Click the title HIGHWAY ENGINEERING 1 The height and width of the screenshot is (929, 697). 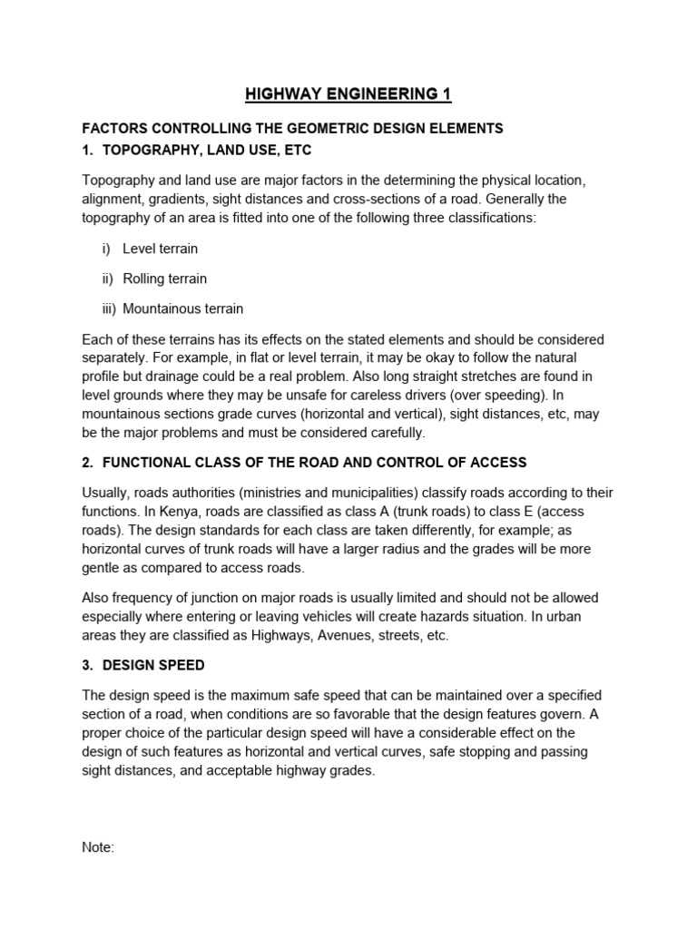point(348,94)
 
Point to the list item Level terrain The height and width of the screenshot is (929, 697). point(160,249)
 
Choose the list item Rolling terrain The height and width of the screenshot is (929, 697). point(164,279)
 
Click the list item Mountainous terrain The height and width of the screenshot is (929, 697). point(182,308)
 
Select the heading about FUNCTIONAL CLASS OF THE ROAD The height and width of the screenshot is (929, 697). point(314,463)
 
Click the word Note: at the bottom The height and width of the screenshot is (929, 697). point(98,847)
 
